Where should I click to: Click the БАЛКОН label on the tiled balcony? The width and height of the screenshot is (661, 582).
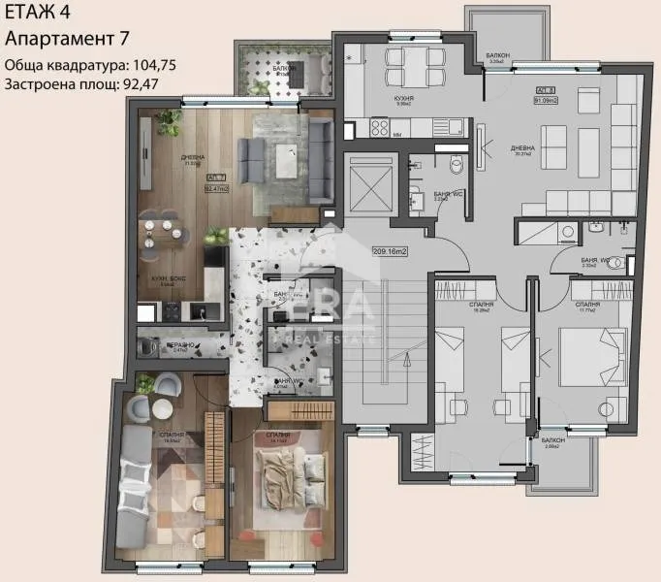pos(283,69)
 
